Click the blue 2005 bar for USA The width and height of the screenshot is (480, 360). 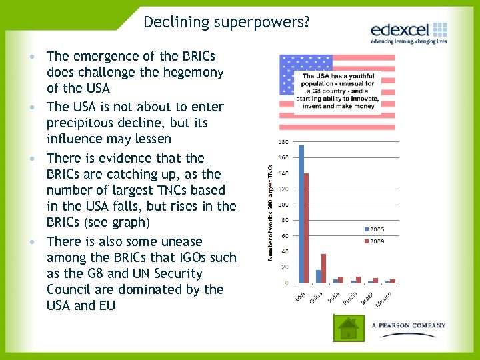click(x=301, y=214)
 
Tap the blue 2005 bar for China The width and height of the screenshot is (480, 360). click(x=319, y=276)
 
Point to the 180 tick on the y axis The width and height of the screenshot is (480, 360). click(x=283, y=142)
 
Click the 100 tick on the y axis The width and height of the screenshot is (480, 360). click(x=283, y=205)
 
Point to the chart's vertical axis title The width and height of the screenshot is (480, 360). click(x=271, y=212)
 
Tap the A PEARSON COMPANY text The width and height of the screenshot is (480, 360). click(x=408, y=325)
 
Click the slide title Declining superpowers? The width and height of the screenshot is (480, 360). click(x=226, y=22)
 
